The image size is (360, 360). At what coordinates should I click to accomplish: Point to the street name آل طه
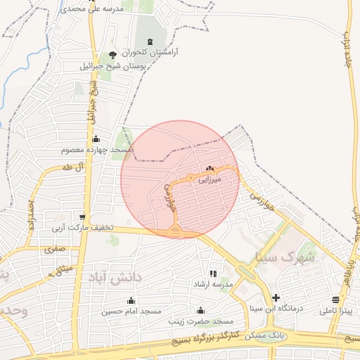(x=72, y=167)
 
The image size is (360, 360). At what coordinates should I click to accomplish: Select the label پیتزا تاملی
(x=340, y=310)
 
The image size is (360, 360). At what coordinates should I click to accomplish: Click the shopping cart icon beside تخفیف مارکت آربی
(x=83, y=217)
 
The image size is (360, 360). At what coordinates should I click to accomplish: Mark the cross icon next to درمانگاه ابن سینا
(x=276, y=297)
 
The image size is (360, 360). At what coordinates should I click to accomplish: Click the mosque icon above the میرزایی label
(x=210, y=169)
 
